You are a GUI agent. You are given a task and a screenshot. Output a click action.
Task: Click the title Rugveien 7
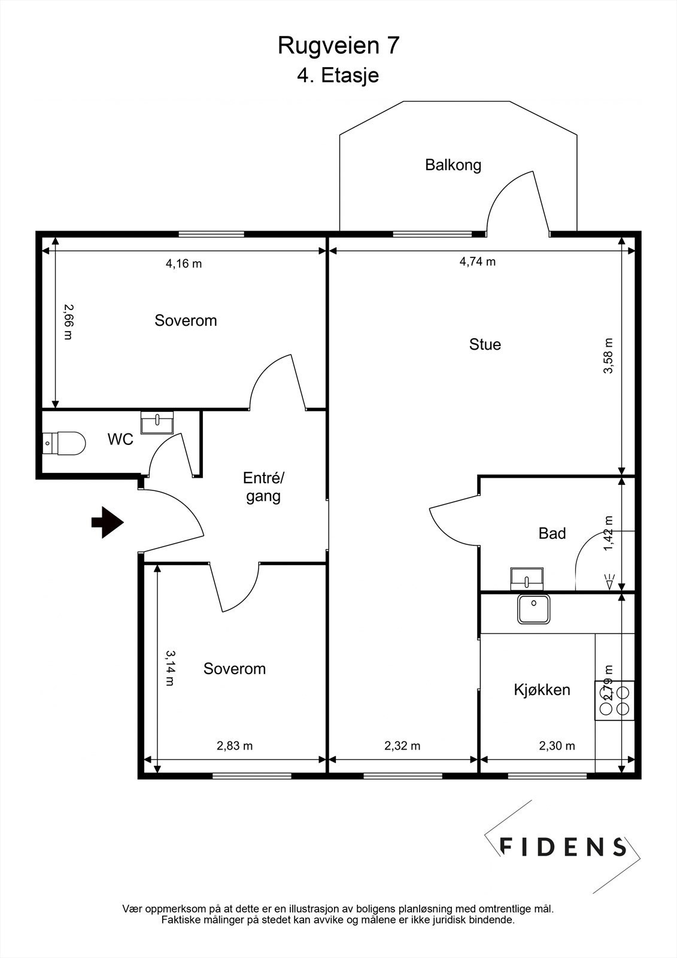(338, 46)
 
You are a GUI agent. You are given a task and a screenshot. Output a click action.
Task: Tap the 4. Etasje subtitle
(338, 76)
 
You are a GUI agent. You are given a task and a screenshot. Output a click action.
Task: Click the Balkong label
(453, 165)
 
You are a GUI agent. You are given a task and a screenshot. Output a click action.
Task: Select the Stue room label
(485, 344)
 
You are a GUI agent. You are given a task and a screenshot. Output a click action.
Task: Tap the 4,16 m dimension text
(184, 263)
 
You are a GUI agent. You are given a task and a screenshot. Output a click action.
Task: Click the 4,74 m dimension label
(477, 262)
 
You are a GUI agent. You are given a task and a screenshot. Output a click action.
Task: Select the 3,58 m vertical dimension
(608, 356)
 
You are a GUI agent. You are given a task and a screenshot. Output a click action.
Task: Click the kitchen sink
(534, 610)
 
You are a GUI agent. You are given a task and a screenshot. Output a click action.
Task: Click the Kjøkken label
(542, 690)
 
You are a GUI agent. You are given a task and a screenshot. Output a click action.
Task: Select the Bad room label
(552, 533)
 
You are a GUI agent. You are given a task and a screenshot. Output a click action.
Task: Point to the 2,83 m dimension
(235, 746)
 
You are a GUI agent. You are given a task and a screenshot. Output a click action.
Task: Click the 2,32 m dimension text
(402, 746)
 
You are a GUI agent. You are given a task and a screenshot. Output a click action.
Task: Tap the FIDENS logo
(563, 846)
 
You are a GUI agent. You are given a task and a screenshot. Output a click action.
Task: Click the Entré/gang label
(264, 487)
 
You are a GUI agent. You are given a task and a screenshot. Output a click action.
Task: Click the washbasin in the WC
(157, 422)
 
